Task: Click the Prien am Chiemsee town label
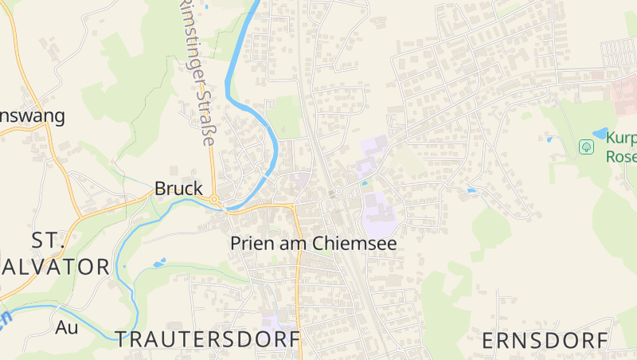click(313, 243)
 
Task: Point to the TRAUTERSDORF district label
click(208, 339)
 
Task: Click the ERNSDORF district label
click(545, 341)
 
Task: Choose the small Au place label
click(67, 327)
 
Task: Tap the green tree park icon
click(586, 147)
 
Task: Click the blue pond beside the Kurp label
click(599, 133)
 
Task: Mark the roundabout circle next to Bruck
click(213, 199)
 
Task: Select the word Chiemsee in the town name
click(355, 243)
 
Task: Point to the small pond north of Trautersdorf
click(159, 262)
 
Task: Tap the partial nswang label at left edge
click(32, 115)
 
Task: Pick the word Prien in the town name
click(249, 243)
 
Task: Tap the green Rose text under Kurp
click(621, 156)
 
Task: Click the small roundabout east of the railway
click(338, 192)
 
